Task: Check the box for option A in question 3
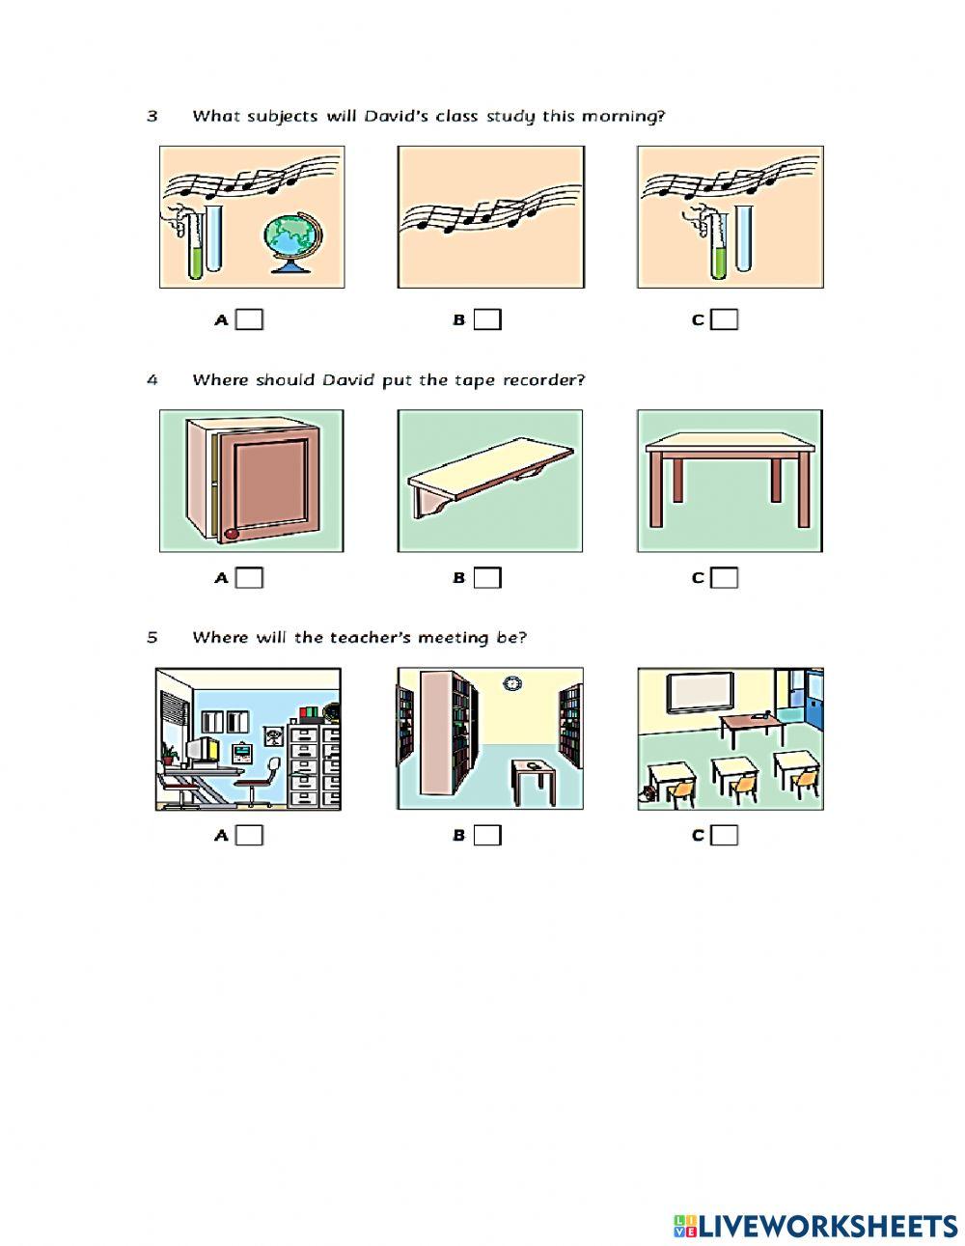(249, 320)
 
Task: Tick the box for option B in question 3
(487, 320)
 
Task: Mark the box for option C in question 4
(724, 578)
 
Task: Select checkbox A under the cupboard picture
(249, 578)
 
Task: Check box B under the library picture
(487, 836)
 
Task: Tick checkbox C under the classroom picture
(724, 836)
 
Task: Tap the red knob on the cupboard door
(231, 534)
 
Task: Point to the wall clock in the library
(511, 683)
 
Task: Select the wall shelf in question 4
(490, 477)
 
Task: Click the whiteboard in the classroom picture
(701, 693)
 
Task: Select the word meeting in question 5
(453, 638)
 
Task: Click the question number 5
(152, 638)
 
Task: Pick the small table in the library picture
(534, 781)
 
